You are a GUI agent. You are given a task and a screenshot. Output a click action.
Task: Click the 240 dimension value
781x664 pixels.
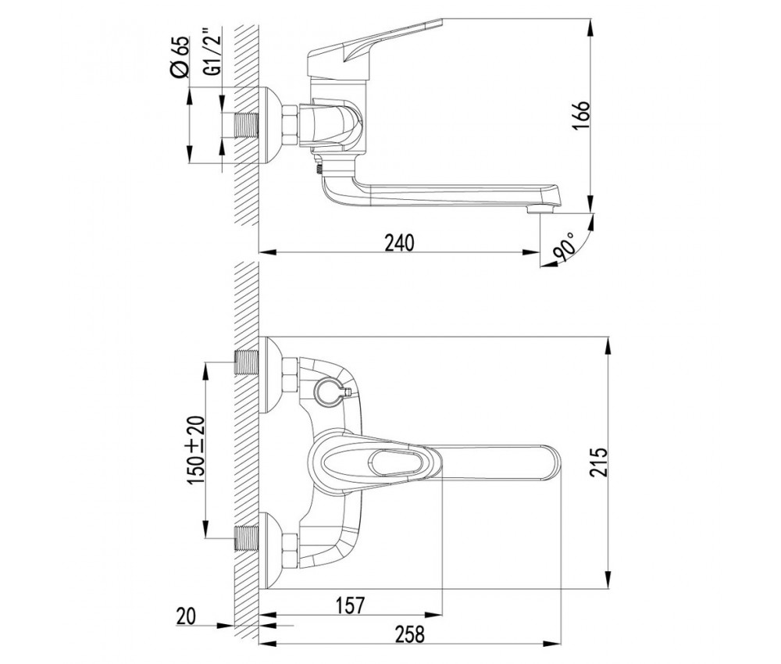(x=399, y=243)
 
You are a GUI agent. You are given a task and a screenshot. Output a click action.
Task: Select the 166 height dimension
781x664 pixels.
(x=581, y=116)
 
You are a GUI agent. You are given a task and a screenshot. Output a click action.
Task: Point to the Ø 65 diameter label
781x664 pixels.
(x=180, y=57)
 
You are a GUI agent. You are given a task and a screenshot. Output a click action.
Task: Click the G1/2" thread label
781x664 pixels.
(x=213, y=55)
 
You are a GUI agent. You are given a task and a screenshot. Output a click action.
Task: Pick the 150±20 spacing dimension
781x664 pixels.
(x=196, y=450)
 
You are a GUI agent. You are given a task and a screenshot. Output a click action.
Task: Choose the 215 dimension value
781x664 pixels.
(x=599, y=462)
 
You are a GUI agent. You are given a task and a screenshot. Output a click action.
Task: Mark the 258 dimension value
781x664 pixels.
(x=410, y=635)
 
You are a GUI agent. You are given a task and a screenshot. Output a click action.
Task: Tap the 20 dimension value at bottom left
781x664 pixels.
(x=187, y=616)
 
